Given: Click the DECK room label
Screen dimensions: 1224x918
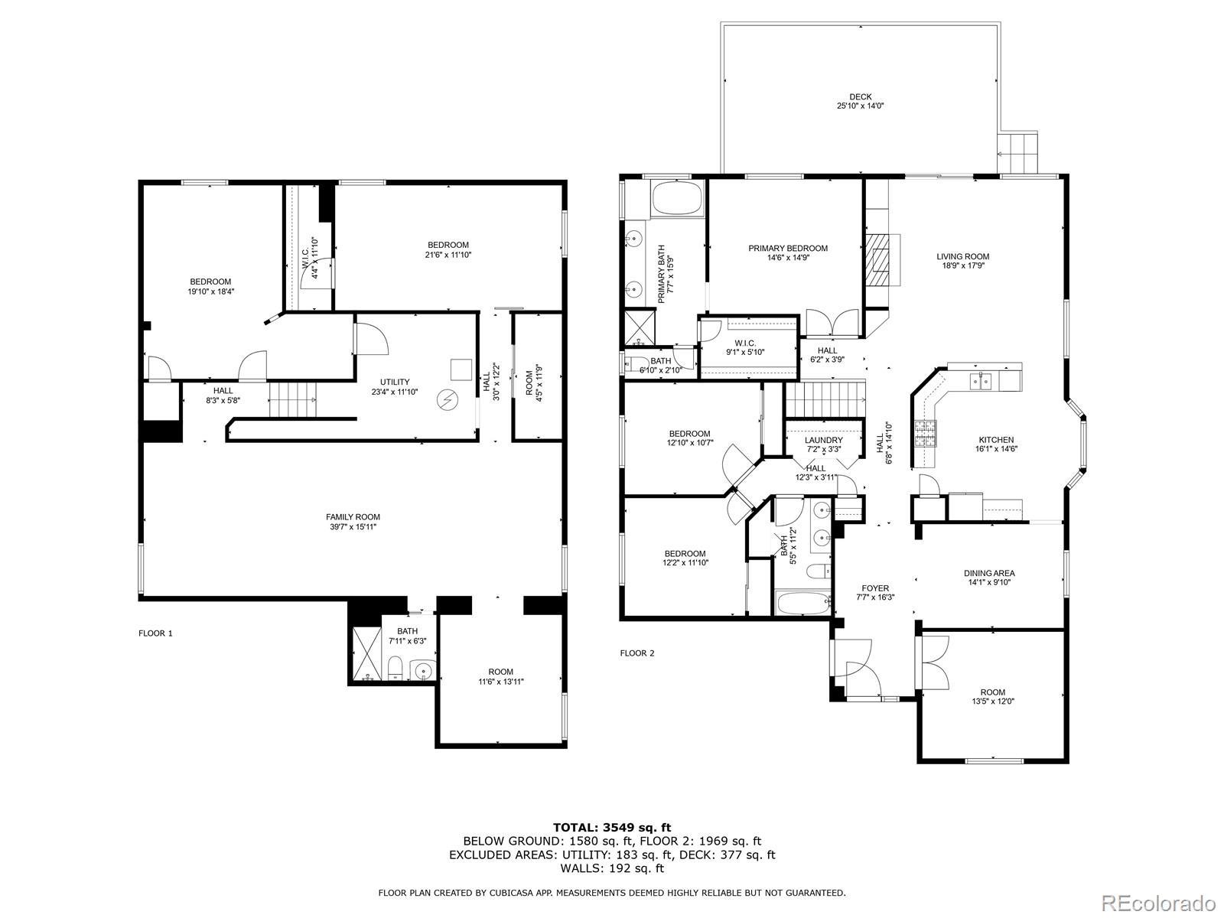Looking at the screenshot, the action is click(861, 96).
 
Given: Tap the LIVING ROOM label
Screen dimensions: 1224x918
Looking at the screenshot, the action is click(962, 256).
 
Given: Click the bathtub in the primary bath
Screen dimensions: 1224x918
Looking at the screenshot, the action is click(676, 198).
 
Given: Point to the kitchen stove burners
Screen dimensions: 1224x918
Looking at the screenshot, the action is click(925, 435).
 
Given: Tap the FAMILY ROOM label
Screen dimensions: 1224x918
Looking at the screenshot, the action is click(353, 516).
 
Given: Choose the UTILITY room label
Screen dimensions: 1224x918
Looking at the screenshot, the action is click(395, 382).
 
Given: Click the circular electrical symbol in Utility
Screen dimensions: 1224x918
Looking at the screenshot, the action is click(447, 399).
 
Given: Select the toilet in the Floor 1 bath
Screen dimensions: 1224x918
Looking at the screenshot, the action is click(396, 668).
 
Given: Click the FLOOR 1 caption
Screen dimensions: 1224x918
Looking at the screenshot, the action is click(155, 633).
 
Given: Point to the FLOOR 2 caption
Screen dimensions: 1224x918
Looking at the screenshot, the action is click(637, 653).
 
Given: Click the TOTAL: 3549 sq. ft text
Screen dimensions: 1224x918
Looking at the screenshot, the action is click(612, 828).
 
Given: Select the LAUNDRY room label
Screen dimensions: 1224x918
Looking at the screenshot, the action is click(824, 440).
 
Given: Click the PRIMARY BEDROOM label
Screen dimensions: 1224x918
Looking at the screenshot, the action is click(788, 248).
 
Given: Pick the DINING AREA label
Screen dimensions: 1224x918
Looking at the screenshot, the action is click(989, 573).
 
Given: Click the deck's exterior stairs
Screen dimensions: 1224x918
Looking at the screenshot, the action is click(1017, 152).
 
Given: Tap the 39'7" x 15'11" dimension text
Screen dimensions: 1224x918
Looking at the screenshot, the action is click(353, 527).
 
